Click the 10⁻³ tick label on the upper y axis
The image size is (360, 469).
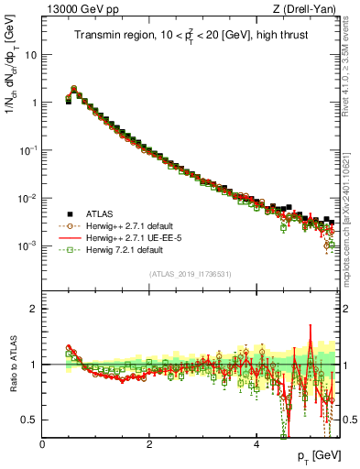[27, 245]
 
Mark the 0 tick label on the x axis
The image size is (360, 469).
[43, 443]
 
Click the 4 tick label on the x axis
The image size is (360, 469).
[256, 443]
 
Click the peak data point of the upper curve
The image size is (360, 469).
[74, 89]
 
